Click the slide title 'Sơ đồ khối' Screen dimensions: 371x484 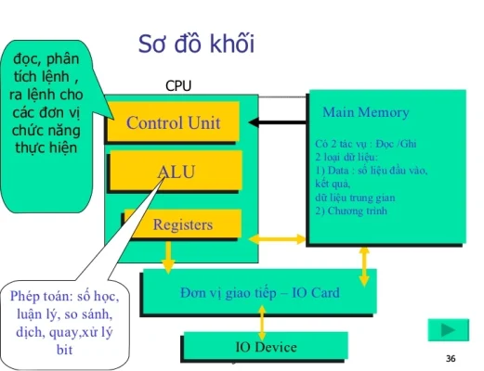196,45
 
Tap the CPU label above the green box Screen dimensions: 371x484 177,86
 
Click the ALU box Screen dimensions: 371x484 176,172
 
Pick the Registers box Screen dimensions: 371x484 182,224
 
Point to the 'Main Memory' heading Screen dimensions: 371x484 365,113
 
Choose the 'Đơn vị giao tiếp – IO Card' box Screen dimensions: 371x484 259,293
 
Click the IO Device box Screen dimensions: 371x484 266,348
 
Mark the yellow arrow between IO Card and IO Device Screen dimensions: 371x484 263,322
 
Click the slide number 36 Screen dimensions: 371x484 451,359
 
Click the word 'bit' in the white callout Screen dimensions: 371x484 65,350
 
